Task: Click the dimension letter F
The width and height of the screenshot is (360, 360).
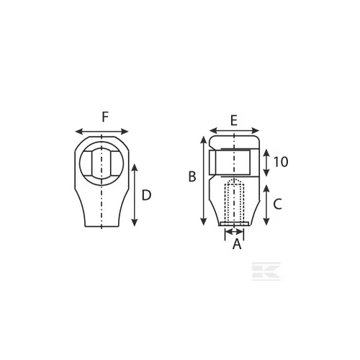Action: [105, 117]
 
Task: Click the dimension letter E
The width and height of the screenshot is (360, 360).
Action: [234, 120]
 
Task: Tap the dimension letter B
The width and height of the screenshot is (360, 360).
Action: [192, 176]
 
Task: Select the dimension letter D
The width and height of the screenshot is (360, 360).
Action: [146, 195]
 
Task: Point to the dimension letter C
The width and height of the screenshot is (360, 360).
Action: [278, 204]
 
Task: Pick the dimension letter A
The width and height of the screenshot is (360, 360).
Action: [237, 244]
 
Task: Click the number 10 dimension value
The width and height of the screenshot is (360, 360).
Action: [281, 162]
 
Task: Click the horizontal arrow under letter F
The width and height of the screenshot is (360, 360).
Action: [102, 132]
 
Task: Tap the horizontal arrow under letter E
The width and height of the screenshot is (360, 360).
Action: [234, 131]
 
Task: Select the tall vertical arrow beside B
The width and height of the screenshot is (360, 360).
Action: [204, 181]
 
